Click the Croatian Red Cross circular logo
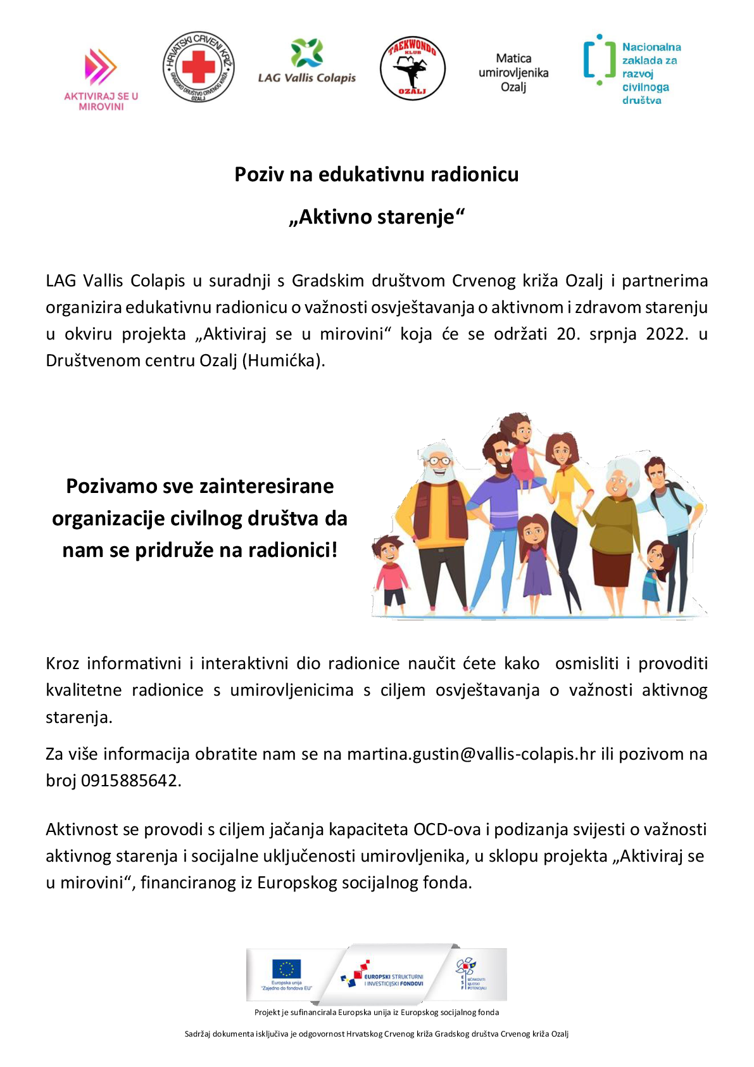[x=199, y=67]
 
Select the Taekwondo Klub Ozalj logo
[x=413, y=68]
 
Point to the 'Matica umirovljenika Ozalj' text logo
[x=513, y=72]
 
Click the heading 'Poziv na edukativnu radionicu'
[x=377, y=174]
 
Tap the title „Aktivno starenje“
[x=377, y=217]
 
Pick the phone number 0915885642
[x=131, y=781]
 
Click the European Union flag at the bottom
[x=286, y=969]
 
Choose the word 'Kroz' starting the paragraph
[x=63, y=663]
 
